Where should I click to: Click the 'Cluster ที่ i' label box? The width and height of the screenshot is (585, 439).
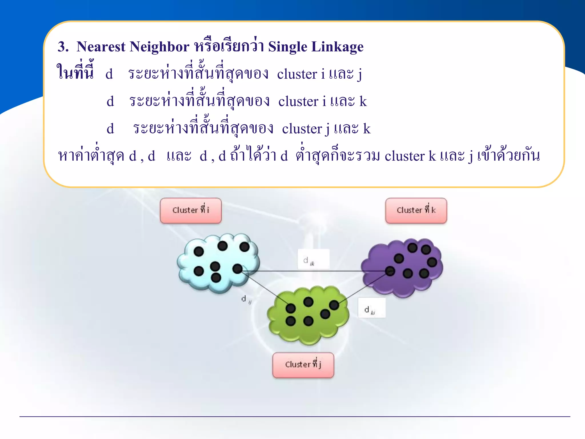pos(191,210)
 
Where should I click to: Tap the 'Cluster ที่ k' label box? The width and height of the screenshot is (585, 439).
pos(416,210)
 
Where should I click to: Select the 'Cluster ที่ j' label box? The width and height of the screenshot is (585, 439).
pos(303,365)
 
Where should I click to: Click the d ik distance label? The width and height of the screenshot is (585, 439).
pos(313,259)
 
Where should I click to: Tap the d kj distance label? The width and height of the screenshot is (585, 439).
pos(371,308)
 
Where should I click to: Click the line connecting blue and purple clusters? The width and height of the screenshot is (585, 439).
pos(314,271)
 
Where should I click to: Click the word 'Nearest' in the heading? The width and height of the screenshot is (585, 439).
pos(101,47)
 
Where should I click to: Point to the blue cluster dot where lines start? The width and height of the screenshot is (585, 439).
pos(237,269)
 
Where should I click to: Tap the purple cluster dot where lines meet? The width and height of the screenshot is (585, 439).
pos(390,271)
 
